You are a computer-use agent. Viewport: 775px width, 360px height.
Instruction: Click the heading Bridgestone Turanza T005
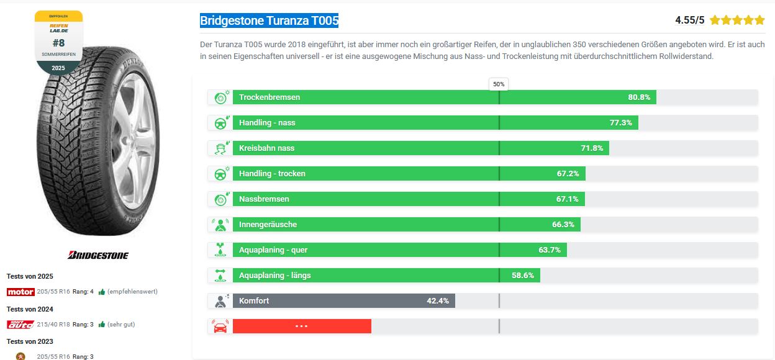tap(269, 21)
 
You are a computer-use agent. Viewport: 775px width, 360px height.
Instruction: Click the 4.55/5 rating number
tap(689, 20)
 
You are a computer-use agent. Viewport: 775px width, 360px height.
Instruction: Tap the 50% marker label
tap(499, 84)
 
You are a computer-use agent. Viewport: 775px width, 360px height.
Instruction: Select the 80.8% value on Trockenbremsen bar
tap(638, 97)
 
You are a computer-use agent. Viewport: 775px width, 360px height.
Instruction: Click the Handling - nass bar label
tap(267, 123)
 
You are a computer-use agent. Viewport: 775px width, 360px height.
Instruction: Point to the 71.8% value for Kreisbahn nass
tap(592, 148)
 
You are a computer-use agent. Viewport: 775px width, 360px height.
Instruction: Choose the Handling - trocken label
tap(272, 174)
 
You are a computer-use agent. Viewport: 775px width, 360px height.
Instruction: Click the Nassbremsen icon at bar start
tap(220, 199)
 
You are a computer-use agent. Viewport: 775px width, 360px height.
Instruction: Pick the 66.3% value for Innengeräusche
tap(563, 225)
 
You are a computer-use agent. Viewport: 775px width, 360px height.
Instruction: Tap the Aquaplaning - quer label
tap(273, 250)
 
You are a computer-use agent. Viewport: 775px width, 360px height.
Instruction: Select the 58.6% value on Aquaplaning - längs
tap(523, 276)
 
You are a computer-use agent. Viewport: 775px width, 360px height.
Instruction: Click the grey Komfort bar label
tap(254, 301)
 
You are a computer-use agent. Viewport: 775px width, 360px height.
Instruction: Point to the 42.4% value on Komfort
tap(438, 301)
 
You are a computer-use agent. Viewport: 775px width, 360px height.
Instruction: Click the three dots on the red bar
tap(302, 326)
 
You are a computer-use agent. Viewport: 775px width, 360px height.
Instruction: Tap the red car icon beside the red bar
tap(220, 326)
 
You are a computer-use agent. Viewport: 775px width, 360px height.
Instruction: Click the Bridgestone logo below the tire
tap(97, 255)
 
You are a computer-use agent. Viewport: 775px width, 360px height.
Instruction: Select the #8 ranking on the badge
tap(58, 43)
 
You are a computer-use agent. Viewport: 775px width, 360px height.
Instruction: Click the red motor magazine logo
tap(20, 292)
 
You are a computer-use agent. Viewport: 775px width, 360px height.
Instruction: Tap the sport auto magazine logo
tap(20, 324)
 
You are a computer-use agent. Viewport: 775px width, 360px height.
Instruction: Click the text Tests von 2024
tap(30, 309)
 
